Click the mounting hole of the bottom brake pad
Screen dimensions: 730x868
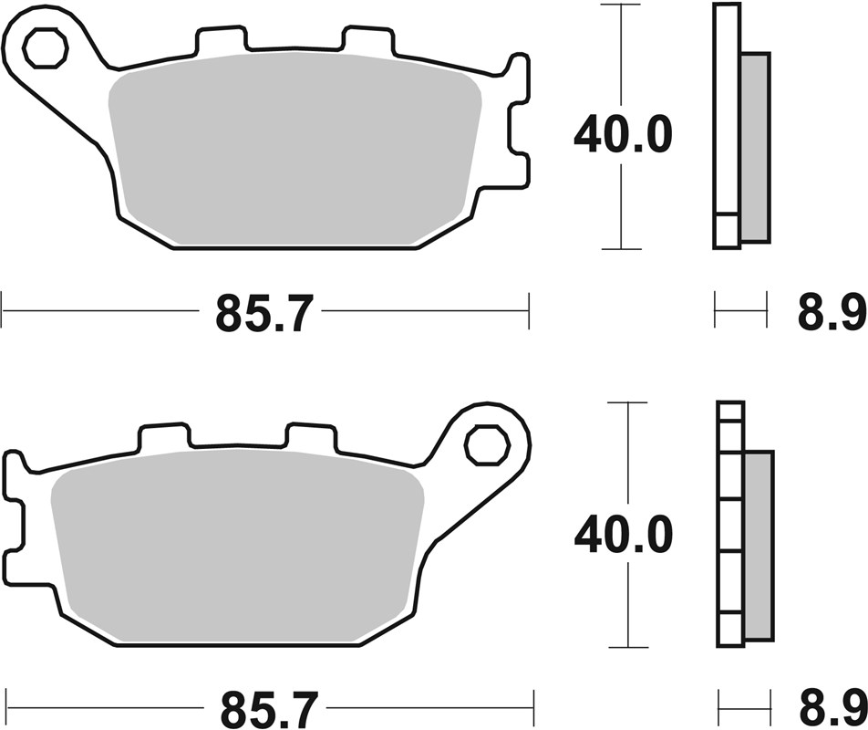point(486,445)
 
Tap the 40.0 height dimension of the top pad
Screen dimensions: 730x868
point(623,135)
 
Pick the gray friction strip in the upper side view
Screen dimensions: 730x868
point(755,146)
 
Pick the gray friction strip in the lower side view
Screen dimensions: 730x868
point(759,545)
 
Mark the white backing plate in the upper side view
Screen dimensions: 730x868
point(726,119)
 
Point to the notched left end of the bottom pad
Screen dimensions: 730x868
point(14,516)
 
